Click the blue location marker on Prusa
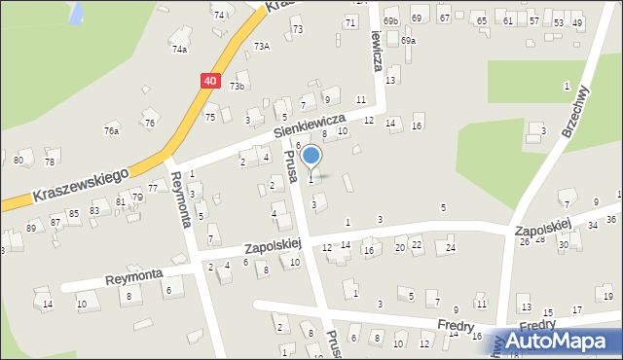point(311,156)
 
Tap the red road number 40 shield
point(210,82)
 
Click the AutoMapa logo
point(561,341)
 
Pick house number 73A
point(261,46)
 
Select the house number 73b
point(237,87)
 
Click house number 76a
point(112,131)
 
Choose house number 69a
point(408,41)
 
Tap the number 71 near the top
point(349,21)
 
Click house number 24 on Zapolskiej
point(450,248)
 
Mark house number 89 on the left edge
point(31,227)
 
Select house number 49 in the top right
point(577,22)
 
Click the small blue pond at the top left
point(76,12)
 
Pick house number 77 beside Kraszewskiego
point(153,187)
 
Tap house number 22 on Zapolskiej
point(416,244)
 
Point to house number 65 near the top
point(482,20)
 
